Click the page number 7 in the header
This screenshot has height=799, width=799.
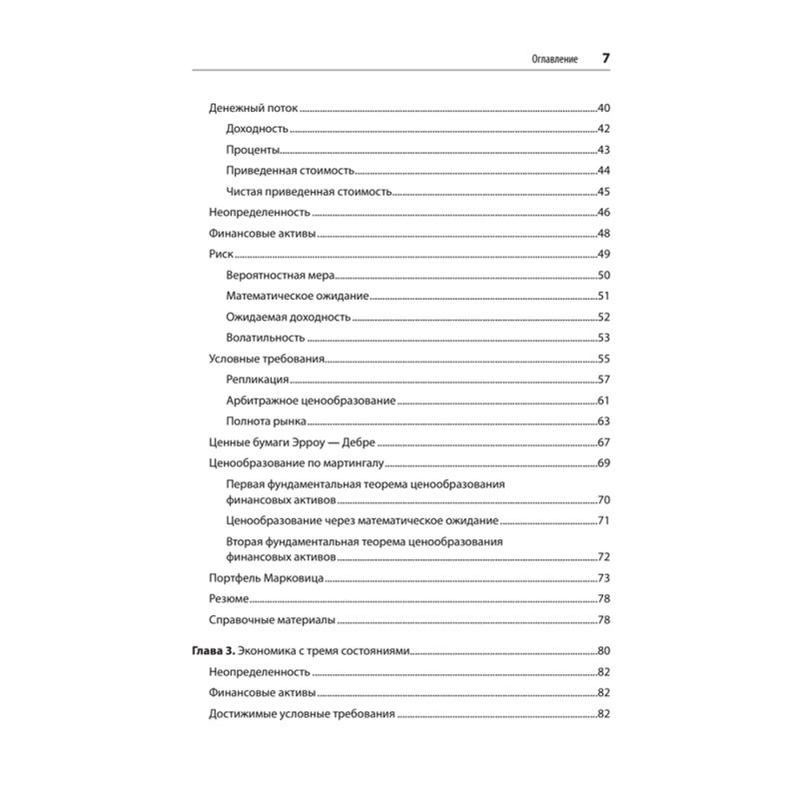[x=605, y=58]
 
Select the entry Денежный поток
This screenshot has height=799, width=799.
[x=254, y=107]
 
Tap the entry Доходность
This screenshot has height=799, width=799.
[x=258, y=129]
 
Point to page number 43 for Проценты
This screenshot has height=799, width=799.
[x=603, y=150]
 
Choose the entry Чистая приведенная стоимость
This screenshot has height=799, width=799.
[x=309, y=192]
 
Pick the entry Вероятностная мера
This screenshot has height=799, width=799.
[x=281, y=276]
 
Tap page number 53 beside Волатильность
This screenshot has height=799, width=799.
[x=603, y=338]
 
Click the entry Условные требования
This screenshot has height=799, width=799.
[x=267, y=359]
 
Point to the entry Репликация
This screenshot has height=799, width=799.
[x=258, y=380]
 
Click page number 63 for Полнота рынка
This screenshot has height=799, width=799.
[x=603, y=421]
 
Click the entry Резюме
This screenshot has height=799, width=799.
[x=229, y=599]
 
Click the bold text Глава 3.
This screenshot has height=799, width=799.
[x=212, y=652]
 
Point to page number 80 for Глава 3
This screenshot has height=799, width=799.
[x=603, y=652]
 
